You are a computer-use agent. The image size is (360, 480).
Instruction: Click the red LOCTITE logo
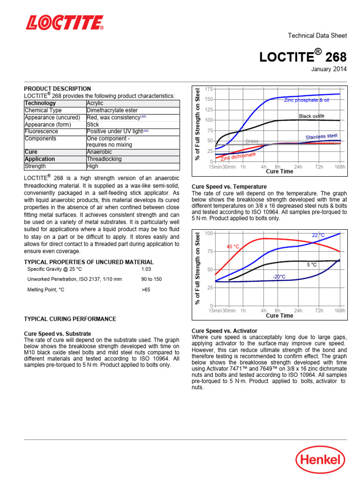click(64, 22)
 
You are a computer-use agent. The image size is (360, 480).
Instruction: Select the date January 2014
click(329, 69)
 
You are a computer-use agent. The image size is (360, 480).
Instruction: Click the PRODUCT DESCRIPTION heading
click(57, 89)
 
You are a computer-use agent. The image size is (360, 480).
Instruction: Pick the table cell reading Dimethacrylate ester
click(112, 111)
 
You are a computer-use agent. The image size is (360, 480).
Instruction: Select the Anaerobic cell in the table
click(99, 152)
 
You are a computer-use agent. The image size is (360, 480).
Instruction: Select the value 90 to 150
click(151, 279)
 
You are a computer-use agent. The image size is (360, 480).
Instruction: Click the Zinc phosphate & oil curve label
click(307, 100)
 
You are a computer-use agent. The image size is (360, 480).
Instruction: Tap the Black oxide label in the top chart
click(311, 116)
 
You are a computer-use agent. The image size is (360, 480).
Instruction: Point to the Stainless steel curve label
click(321, 136)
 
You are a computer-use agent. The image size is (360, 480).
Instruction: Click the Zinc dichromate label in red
click(238, 157)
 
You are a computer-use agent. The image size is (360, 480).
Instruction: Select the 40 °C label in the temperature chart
click(233, 247)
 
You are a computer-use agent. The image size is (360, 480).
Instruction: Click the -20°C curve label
click(279, 277)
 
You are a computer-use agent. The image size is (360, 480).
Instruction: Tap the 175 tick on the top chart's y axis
click(209, 89)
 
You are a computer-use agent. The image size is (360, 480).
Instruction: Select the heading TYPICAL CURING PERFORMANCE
click(70, 319)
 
